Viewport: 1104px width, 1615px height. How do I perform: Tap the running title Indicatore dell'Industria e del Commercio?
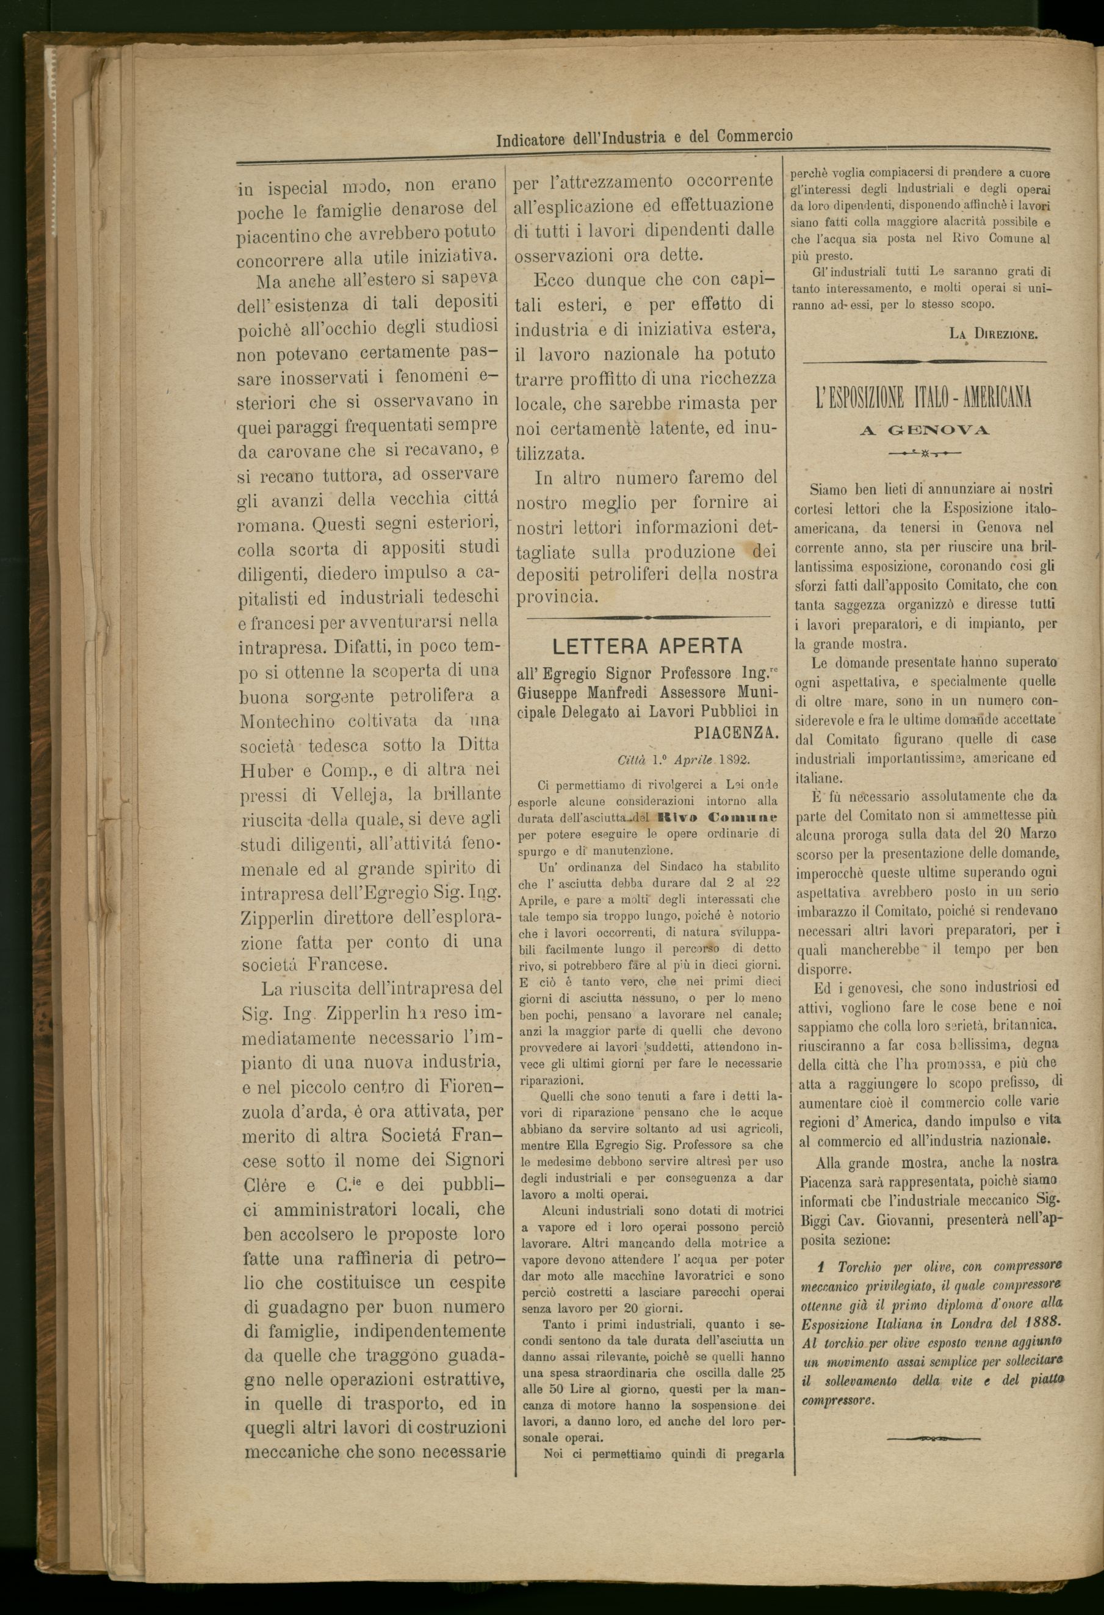click(x=644, y=137)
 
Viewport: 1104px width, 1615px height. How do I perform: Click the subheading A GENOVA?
click(x=924, y=431)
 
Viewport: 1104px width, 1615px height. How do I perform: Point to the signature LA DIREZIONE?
click(x=993, y=334)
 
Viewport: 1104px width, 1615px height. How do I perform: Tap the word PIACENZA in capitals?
click(x=737, y=733)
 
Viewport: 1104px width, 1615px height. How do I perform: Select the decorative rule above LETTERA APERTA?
click(x=648, y=616)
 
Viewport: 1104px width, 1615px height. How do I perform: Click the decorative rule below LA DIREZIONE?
click(x=924, y=361)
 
